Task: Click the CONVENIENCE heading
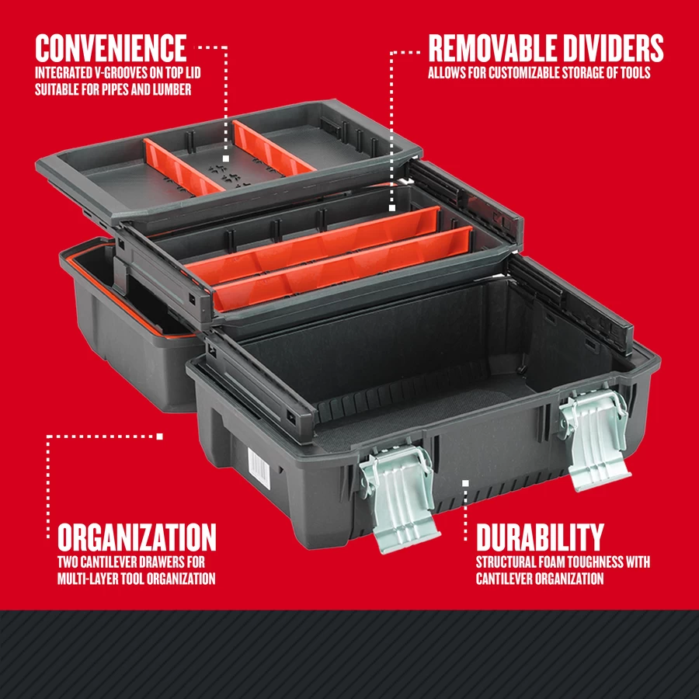(x=110, y=47)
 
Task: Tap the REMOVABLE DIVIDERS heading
(x=546, y=48)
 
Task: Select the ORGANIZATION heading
(x=137, y=537)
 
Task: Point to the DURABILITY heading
(x=540, y=537)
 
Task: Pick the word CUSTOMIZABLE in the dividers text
(x=519, y=74)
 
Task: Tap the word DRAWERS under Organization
(x=159, y=562)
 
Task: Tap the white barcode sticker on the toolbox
(x=255, y=466)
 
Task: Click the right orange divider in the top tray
(x=272, y=146)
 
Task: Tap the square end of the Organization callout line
(x=160, y=436)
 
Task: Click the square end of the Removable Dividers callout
(x=391, y=207)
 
